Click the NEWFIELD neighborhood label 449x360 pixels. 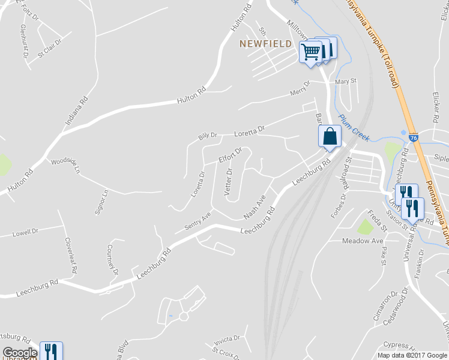coord(265,44)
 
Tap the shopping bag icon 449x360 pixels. coord(330,136)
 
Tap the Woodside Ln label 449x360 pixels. coord(65,166)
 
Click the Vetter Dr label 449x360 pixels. coord(228,181)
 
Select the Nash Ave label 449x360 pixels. coord(255,206)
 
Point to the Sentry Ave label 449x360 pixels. coord(198,221)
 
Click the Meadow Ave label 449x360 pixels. coord(363,241)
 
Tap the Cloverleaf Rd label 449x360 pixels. coord(71,255)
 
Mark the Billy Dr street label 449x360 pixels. coord(208,136)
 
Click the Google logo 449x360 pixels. coord(20,353)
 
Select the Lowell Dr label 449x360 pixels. coord(25,231)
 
